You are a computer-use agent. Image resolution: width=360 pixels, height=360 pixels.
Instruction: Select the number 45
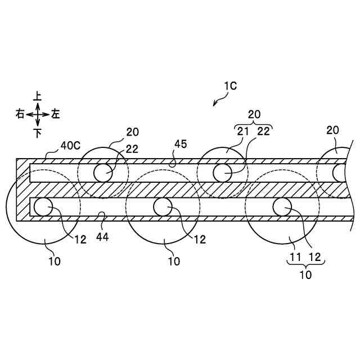(180, 144)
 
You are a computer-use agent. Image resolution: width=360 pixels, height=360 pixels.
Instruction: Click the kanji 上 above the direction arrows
(38, 97)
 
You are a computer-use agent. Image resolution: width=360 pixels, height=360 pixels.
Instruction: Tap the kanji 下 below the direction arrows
(38, 133)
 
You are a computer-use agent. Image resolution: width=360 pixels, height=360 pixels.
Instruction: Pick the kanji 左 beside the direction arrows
(56, 114)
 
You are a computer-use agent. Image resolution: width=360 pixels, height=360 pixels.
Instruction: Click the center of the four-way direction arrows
(38, 114)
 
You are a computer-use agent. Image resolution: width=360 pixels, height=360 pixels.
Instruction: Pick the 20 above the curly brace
(254, 114)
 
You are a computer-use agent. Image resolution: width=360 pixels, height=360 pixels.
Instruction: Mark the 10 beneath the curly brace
(305, 275)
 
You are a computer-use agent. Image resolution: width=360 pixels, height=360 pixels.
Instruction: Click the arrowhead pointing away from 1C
(215, 105)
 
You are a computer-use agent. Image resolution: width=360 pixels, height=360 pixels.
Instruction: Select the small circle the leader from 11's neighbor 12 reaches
(282, 207)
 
